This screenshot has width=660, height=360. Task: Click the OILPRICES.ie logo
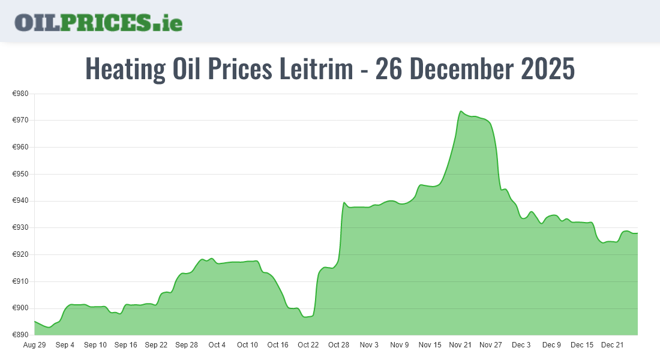[98, 22]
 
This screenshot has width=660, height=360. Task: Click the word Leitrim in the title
[316, 69]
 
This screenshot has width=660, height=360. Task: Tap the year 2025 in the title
[548, 69]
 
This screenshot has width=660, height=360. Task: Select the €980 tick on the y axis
[21, 94]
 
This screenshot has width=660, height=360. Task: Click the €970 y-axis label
[21, 121]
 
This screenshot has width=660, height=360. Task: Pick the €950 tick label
[21, 174]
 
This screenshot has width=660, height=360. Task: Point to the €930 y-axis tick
[21, 228]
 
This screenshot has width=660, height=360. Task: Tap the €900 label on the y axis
[21, 308]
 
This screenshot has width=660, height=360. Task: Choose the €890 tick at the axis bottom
[21, 335]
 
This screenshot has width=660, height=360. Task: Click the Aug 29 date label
[34, 345]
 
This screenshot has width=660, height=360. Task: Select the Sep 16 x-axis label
[125, 345]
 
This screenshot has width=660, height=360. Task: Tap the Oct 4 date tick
[217, 345]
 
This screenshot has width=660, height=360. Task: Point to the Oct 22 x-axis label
[308, 345]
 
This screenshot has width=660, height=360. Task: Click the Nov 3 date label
[369, 345]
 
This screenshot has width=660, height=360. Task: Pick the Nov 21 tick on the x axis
[460, 345]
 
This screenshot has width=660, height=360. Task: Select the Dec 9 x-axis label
[551, 345]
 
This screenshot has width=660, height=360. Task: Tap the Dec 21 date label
[613, 345]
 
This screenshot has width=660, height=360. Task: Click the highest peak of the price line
[461, 111]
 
